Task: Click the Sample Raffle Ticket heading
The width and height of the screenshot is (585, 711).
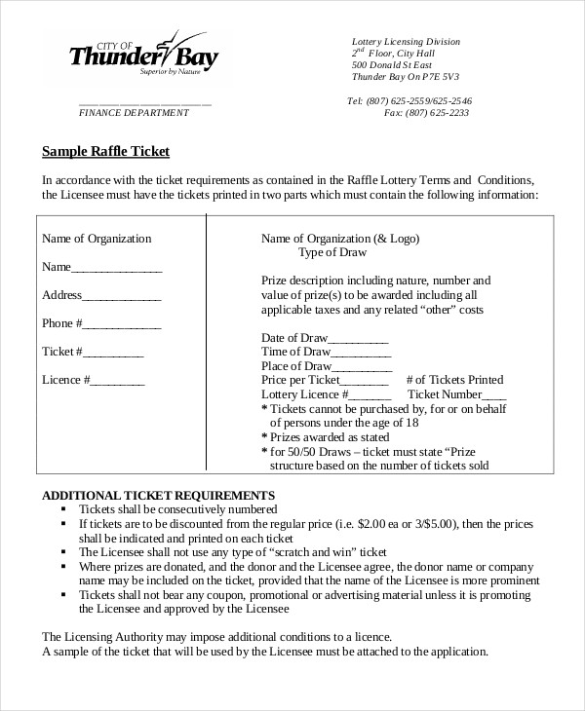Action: click(106, 151)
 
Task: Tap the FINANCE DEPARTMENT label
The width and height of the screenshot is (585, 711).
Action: click(134, 113)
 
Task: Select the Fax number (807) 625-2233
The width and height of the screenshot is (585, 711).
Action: click(437, 112)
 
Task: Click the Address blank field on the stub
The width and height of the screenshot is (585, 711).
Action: click(122, 296)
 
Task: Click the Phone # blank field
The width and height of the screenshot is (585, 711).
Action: click(124, 324)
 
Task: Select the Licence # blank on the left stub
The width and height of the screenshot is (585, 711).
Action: click(118, 381)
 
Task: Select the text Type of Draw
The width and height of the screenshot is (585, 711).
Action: click(331, 252)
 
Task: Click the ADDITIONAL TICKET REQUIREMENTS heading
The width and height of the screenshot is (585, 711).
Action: click(157, 495)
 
